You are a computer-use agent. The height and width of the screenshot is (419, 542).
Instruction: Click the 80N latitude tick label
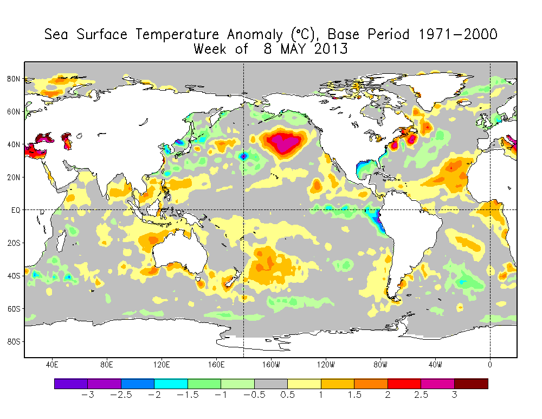(x=14, y=79)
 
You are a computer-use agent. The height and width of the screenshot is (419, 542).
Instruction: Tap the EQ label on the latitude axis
(x=15, y=210)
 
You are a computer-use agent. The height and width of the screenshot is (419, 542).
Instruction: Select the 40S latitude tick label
(x=14, y=276)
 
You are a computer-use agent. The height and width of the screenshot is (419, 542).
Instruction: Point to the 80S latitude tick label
(x=14, y=341)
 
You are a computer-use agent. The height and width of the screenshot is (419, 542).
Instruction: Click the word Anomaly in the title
(x=254, y=35)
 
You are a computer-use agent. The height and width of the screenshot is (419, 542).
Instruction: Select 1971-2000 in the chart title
(x=458, y=35)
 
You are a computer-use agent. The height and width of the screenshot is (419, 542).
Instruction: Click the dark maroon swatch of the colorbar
(x=471, y=384)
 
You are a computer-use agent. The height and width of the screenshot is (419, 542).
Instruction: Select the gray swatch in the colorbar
(x=271, y=384)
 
